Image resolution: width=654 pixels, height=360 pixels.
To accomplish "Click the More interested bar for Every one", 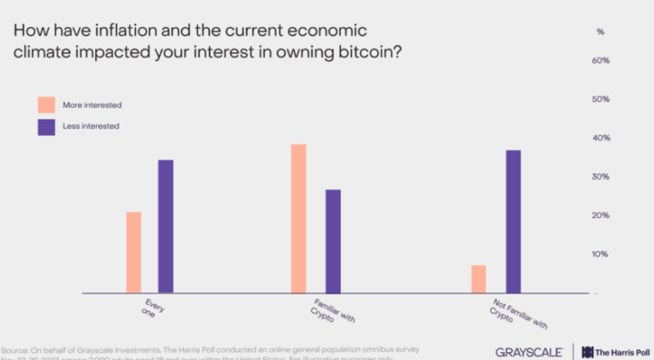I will pos(133,253).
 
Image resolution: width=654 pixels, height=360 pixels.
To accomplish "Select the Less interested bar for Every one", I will pos(165,227).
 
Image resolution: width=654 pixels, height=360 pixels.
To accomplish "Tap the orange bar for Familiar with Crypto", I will pos(298,218).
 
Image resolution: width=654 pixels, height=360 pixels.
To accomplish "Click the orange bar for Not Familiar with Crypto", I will pos(478,279).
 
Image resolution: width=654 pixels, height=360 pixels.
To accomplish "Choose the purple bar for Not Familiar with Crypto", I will pos(513,221).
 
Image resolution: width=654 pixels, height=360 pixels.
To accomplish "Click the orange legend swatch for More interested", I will pos(46,105).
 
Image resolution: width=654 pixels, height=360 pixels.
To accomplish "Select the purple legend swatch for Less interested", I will pos(46,126).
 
